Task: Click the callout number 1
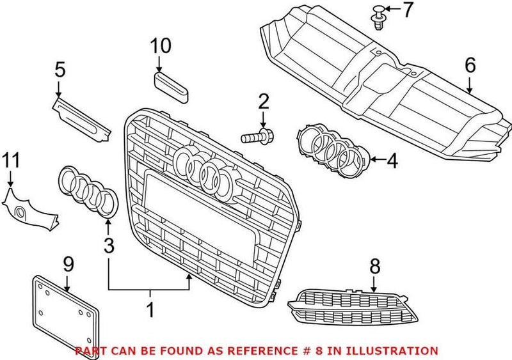[x=150, y=311]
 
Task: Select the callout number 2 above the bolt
[x=263, y=101]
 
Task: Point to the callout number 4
[x=392, y=160]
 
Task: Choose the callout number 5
[x=60, y=68]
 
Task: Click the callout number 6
[x=470, y=65]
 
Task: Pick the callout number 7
[x=408, y=10]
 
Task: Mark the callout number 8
[x=374, y=266]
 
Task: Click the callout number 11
[x=10, y=160]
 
